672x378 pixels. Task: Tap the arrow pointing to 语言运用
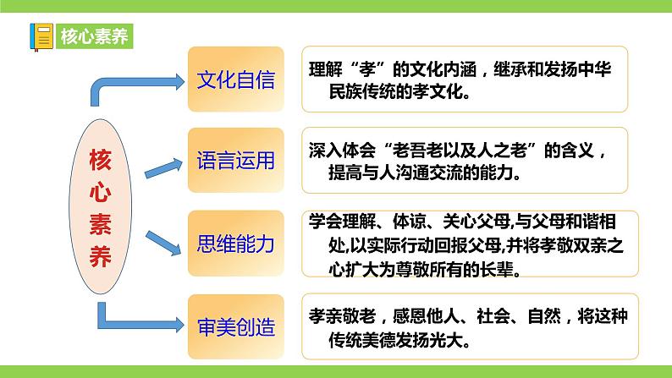point(161,167)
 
